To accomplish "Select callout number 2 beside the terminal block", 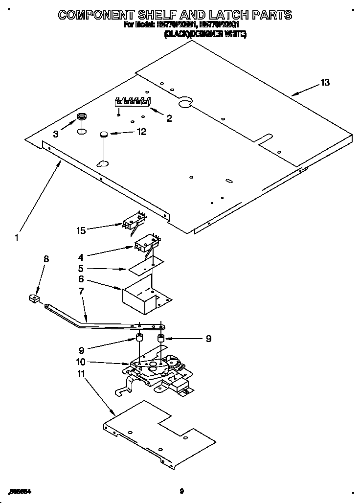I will [169, 118].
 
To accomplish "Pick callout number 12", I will [141, 131].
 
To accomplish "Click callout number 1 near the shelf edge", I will [17, 238].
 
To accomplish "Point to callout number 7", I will [81, 291].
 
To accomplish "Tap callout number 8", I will [46, 259].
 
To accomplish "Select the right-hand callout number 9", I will [208, 338].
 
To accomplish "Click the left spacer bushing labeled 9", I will [139, 338].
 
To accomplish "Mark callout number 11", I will [81, 373].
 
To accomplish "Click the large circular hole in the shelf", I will [184, 102].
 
